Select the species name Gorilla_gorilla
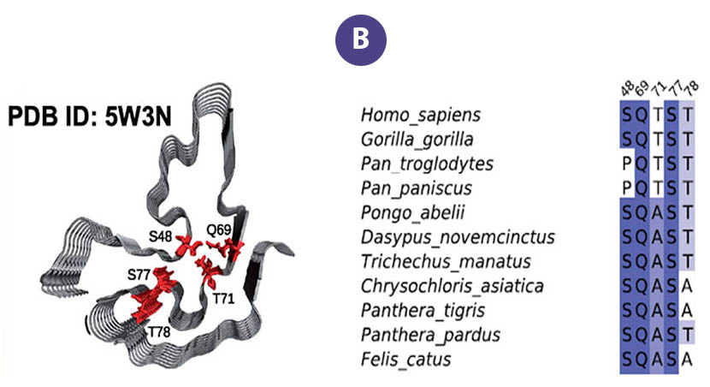pos(417,139)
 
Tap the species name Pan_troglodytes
pos(427,164)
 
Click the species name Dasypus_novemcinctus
pos(458,236)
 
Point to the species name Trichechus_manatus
pos(446,261)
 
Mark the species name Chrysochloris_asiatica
pos(453,285)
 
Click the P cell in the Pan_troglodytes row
pos(628,164)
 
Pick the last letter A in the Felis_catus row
pos(687,359)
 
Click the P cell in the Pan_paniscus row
pos(628,188)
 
